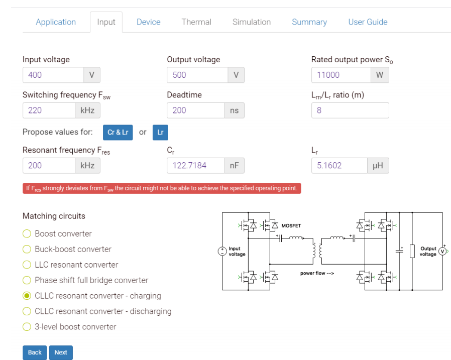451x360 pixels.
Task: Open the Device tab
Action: coord(148,22)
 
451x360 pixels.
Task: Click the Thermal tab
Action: coord(196,22)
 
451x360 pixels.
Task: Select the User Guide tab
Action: coord(368,22)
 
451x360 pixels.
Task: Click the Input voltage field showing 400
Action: coord(53,75)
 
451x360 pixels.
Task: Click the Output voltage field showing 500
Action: coord(197,75)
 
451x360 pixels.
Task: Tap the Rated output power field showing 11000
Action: coord(341,75)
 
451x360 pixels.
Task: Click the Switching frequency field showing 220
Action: coord(49,110)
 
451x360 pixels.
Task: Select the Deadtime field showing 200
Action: coord(195,110)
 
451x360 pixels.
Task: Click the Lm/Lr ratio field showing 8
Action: coord(350,110)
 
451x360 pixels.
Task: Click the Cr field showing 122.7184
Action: coord(195,166)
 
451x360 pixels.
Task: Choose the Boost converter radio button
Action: coord(27,234)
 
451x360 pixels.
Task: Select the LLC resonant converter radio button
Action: coord(27,265)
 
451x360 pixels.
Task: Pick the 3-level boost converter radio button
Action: coord(27,327)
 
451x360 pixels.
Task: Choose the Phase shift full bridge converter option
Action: coord(27,281)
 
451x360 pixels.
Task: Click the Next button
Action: coord(61,352)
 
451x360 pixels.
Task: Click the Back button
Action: coord(35,352)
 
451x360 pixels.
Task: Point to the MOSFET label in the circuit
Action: coord(291,226)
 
